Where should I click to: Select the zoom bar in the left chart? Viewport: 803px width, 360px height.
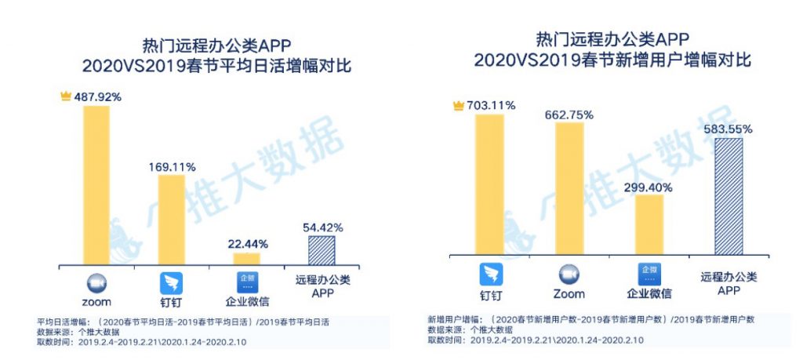point(96,185)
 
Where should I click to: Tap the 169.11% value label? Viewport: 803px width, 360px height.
point(172,166)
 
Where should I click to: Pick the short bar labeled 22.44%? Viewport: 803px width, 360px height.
point(246,258)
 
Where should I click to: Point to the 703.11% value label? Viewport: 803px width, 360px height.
point(491,105)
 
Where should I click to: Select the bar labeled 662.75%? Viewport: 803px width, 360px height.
point(569,188)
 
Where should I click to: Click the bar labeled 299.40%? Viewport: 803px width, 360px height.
point(649,224)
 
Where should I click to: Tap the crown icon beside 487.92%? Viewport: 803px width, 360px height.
point(66,96)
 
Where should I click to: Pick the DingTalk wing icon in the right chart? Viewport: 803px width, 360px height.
point(491,275)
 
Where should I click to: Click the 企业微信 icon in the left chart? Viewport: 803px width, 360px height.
point(246,282)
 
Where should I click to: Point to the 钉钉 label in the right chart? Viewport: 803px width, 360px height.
point(491,294)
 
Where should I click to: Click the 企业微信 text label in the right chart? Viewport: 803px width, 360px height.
point(648,294)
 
